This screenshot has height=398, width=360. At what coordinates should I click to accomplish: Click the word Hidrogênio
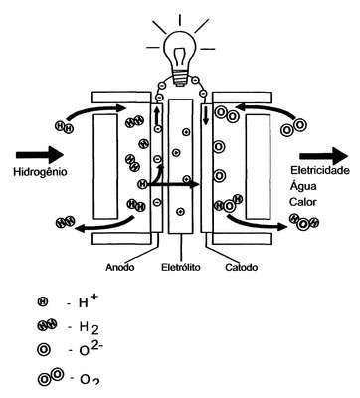click(x=40, y=172)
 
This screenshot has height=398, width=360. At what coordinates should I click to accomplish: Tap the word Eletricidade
click(x=320, y=170)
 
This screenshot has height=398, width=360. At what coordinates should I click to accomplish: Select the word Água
click(x=303, y=186)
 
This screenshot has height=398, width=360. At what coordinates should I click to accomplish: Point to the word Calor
click(x=302, y=202)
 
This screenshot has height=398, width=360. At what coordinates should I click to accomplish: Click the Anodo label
click(x=120, y=267)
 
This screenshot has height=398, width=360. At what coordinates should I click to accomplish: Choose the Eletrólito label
click(x=181, y=267)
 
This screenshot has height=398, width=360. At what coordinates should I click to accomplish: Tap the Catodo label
click(x=242, y=267)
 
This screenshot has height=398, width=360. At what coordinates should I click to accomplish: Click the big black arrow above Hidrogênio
click(x=40, y=154)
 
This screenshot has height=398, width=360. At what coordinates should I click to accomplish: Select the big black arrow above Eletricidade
click(x=324, y=156)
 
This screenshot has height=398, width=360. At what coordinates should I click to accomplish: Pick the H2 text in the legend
click(x=89, y=327)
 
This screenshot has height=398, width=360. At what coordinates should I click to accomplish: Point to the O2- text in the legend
click(x=88, y=348)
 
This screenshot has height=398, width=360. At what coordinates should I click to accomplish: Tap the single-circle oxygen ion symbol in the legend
click(x=44, y=349)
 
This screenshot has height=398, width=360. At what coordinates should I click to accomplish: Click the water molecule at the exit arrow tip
click(x=303, y=222)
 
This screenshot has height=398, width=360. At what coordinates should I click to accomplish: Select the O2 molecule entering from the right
click(x=292, y=128)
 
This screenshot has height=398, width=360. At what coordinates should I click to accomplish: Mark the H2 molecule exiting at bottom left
click(x=65, y=222)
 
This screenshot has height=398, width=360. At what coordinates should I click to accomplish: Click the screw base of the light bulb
click(x=180, y=80)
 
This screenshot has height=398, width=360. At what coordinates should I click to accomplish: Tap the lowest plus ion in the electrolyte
click(x=180, y=211)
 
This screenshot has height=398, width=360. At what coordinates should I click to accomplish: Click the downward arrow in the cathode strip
click(x=206, y=115)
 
